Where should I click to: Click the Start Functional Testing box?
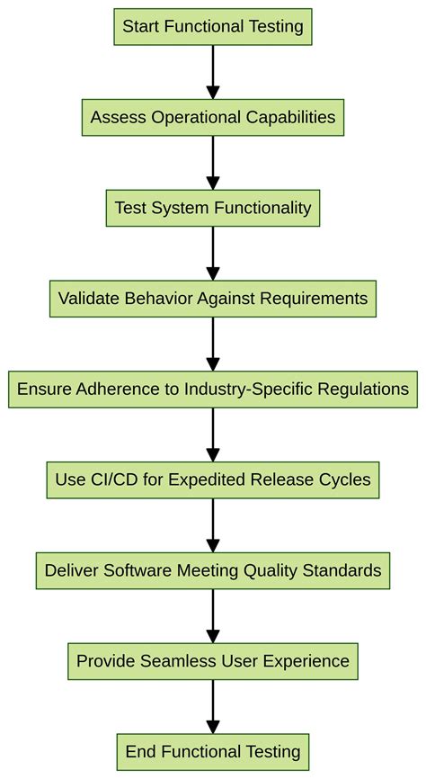point(213,26)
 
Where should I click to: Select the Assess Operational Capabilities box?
point(213,117)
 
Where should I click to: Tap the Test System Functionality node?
point(213,208)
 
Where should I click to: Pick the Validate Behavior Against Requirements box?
point(213,299)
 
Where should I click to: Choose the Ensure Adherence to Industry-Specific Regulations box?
point(213,389)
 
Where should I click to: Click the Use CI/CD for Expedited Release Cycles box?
point(213,479)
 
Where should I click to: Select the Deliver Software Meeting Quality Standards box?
point(213,570)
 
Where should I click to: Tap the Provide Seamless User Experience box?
point(213,661)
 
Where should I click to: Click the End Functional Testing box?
point(213,752)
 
